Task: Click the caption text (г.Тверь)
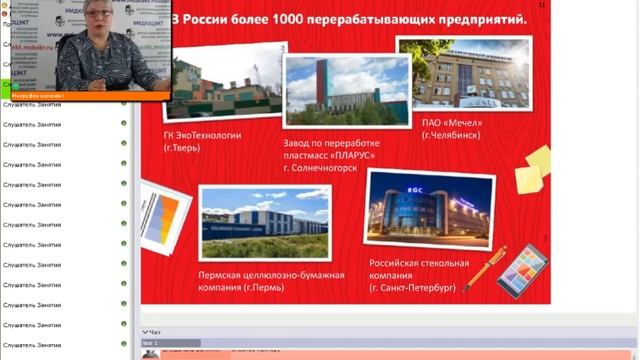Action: pos(181,148)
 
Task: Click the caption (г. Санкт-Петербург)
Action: pos(412,286)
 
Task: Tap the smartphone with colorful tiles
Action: pos(521,270)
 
